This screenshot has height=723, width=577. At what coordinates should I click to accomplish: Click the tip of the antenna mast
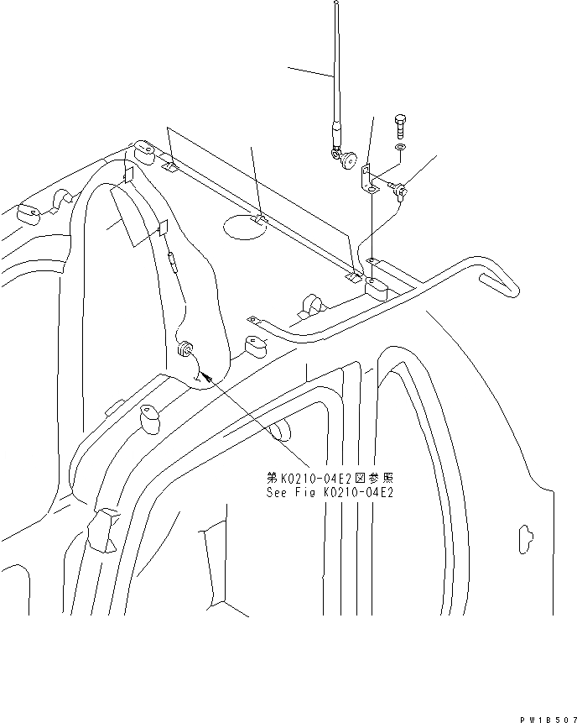pos(335,4)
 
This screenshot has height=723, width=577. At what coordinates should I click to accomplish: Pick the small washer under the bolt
pos(400,149)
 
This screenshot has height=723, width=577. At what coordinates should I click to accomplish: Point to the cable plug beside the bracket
pos(403,193)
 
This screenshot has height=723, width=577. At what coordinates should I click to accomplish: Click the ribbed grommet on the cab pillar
pos(185,348)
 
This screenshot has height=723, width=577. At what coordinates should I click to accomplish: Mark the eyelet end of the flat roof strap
pos(250,320)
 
